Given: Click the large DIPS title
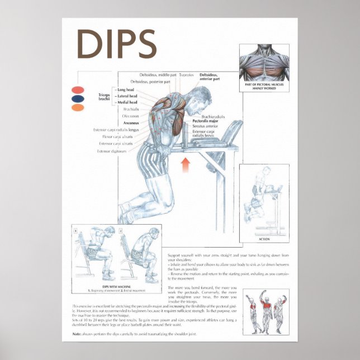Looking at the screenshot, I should point(116,43).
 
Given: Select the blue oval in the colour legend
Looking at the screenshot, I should point(78,99).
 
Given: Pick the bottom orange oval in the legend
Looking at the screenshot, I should point(78,107).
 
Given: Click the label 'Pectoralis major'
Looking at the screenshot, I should point(205,121).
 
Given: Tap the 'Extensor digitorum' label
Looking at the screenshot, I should point(112,151).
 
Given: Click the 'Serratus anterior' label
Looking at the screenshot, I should point(205,126).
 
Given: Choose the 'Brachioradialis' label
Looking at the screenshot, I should point(213,116).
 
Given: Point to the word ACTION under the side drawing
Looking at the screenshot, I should point(264,239).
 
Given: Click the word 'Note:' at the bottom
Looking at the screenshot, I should point(77,334).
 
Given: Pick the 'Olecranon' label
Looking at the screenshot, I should point(129,116).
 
